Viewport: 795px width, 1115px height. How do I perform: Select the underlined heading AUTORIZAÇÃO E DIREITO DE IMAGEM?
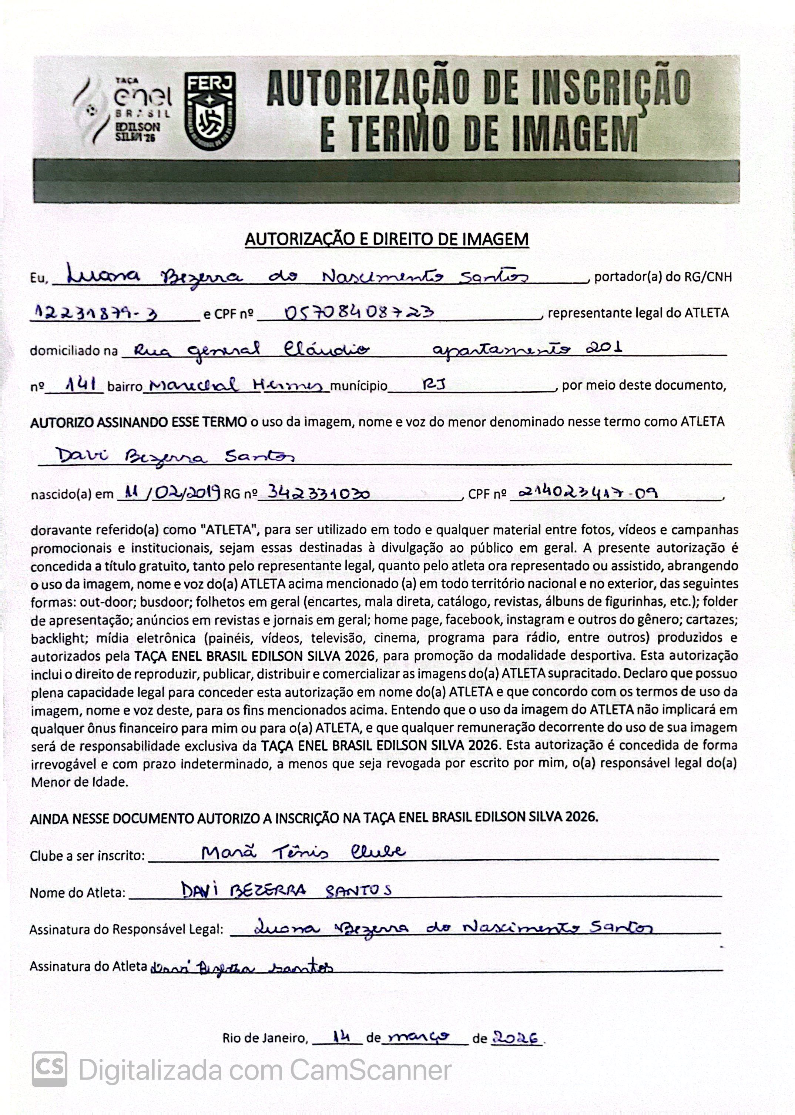point(386,240)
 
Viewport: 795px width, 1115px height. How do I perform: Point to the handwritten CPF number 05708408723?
point(359,312)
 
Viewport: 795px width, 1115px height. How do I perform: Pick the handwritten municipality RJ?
point(434,385)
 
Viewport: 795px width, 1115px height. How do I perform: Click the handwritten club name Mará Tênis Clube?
point(303,853)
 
